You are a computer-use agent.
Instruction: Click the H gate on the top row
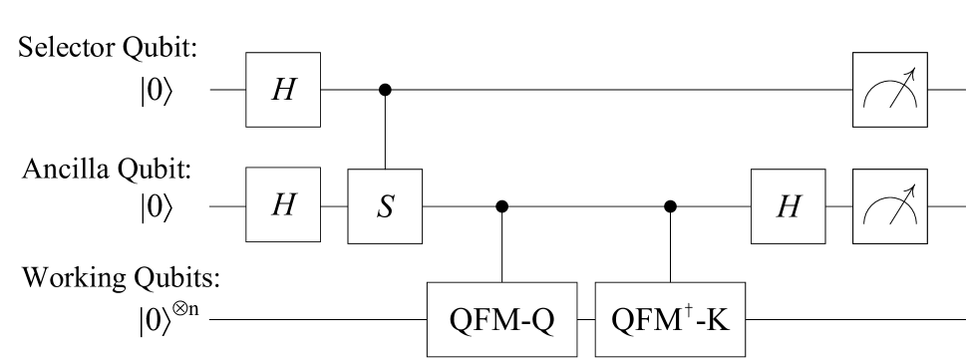[x=283, y=90]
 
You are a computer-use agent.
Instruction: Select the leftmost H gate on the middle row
[x=283, y=205]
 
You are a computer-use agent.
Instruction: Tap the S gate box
[x=385, y=205]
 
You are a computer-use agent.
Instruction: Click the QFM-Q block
[x=503, y=320]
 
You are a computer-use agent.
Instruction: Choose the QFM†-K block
[x=669, y=320]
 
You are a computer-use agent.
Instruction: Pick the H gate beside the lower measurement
[x=789, y=205]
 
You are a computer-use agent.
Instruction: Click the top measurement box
[x=890, y=90]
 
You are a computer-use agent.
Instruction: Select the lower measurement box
[x=890, y=205]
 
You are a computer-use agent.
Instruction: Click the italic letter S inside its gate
[x=385, y=206]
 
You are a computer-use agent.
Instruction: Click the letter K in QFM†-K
[x=718, y=321]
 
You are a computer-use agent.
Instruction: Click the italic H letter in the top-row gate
[x=283, y=91]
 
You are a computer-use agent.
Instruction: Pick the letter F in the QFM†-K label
[x=651, y=321]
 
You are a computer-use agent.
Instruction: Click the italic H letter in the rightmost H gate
[x=789, y=206]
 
